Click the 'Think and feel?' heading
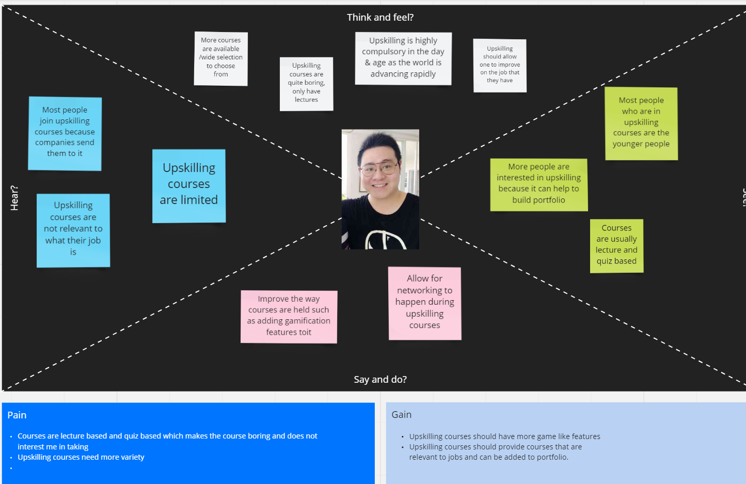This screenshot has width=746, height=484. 380,18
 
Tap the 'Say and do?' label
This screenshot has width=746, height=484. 380,380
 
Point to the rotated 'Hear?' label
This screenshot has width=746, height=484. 14,198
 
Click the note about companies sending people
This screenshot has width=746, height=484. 65,133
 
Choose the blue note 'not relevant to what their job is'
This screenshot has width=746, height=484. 73,230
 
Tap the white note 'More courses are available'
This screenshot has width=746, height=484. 221,58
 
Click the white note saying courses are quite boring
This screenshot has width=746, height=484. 306,84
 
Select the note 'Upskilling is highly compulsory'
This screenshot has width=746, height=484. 403,58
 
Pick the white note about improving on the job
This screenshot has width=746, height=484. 500,66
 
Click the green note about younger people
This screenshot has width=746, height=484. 641,123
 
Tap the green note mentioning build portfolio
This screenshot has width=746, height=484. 538,184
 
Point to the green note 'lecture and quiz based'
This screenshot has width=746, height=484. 616,246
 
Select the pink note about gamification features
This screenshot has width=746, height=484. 289,317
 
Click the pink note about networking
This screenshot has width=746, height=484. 424,303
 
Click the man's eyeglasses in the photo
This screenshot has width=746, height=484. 379,168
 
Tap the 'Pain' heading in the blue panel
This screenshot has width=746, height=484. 17,415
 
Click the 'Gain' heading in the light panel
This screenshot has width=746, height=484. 401,415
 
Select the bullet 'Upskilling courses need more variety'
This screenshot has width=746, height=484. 81,457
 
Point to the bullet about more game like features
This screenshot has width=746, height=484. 504,436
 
